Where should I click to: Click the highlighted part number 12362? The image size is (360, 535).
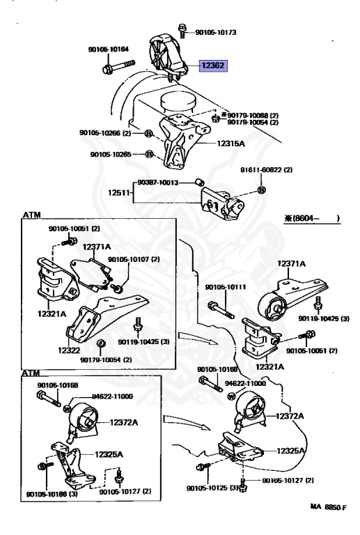pyautogui.click(x=213, y=65)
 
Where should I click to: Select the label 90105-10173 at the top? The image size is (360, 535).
pyautogui.click(x=216, y=33)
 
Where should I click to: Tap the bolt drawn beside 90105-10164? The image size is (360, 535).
pyautogui.click(x=118, y=66)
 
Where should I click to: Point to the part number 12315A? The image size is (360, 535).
pyautogui.click(x=230, y=144)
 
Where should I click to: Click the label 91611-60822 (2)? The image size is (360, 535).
pyautogui.click(x=266, y=169)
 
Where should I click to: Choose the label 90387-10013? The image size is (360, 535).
pyautogui.click(x=158, y=183)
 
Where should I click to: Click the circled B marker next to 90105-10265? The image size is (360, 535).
pyautogui.click(x=149, y=154)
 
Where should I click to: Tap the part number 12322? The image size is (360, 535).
pyautogui.click(x=69, y=350)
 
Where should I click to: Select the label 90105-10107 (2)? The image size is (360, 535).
pyautogui.click(x=134, y=259)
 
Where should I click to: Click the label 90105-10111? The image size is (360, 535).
pyautogui.click(x=226, y=287)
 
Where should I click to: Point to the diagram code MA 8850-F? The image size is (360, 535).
pyautogui.click(x=328, y=507)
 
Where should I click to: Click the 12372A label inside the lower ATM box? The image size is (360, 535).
pyautogui.click(x=124, y=422)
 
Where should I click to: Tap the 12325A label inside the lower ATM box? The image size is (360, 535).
pyautogui.click(x=109, y=454)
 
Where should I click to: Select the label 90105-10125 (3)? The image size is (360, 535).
pyautogui.click(x=212, y=488)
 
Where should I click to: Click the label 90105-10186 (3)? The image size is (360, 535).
pyautogui.click(x=52, y=494)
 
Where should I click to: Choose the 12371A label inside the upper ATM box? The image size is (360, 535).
pyautogui.click(x=97, y=247)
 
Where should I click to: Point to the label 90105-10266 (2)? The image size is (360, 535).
pyautogui.click(x=105, y=133)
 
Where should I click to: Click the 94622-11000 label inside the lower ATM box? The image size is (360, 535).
pyautogui.click(x=113, y=396)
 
